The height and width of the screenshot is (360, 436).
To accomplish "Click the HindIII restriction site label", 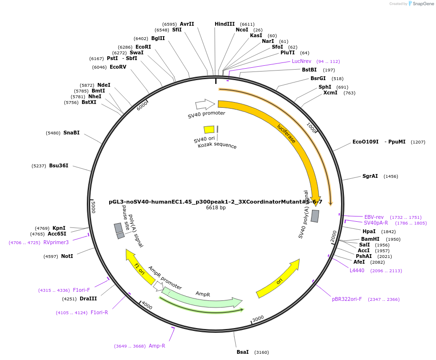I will (225, 24).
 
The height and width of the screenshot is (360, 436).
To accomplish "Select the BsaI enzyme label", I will (242, 352).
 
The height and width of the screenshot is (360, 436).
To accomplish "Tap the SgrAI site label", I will (370, 176).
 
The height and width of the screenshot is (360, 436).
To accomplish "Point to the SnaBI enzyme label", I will (71, 133).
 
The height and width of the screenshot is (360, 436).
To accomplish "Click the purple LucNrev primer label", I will (301, 61).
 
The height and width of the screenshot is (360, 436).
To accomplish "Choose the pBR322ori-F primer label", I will (347, 299).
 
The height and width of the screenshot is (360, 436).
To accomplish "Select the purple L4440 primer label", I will (357, 270).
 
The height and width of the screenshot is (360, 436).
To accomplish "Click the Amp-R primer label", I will (157, 346).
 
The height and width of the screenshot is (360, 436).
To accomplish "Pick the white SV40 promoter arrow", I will (205, 104).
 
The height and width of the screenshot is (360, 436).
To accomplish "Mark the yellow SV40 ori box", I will (209, 130).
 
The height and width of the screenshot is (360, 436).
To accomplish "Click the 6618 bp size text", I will (216, 207).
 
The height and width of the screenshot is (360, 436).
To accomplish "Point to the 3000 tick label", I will (258, 318).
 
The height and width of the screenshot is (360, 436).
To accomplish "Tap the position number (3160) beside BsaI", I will (261, 352).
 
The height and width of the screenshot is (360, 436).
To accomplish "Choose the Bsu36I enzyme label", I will (59, 165).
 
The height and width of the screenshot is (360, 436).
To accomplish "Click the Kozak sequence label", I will (217, 145).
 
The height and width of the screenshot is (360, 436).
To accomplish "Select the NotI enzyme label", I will (67, 256).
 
